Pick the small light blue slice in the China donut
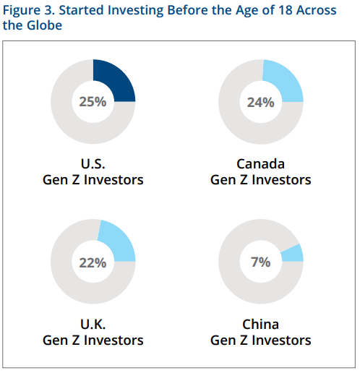point(293,254)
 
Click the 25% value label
point(93,102)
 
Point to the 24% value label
point(260,103)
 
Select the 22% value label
point(93,262)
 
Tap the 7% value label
point(261,262)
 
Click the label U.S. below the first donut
point(93,164)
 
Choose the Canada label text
point(260,164)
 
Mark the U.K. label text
point(93,324)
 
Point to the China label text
point(260,324)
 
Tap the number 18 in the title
point(286,10)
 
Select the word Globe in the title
point(44,25)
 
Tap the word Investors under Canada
point(281,180)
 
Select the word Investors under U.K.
point(113,340)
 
